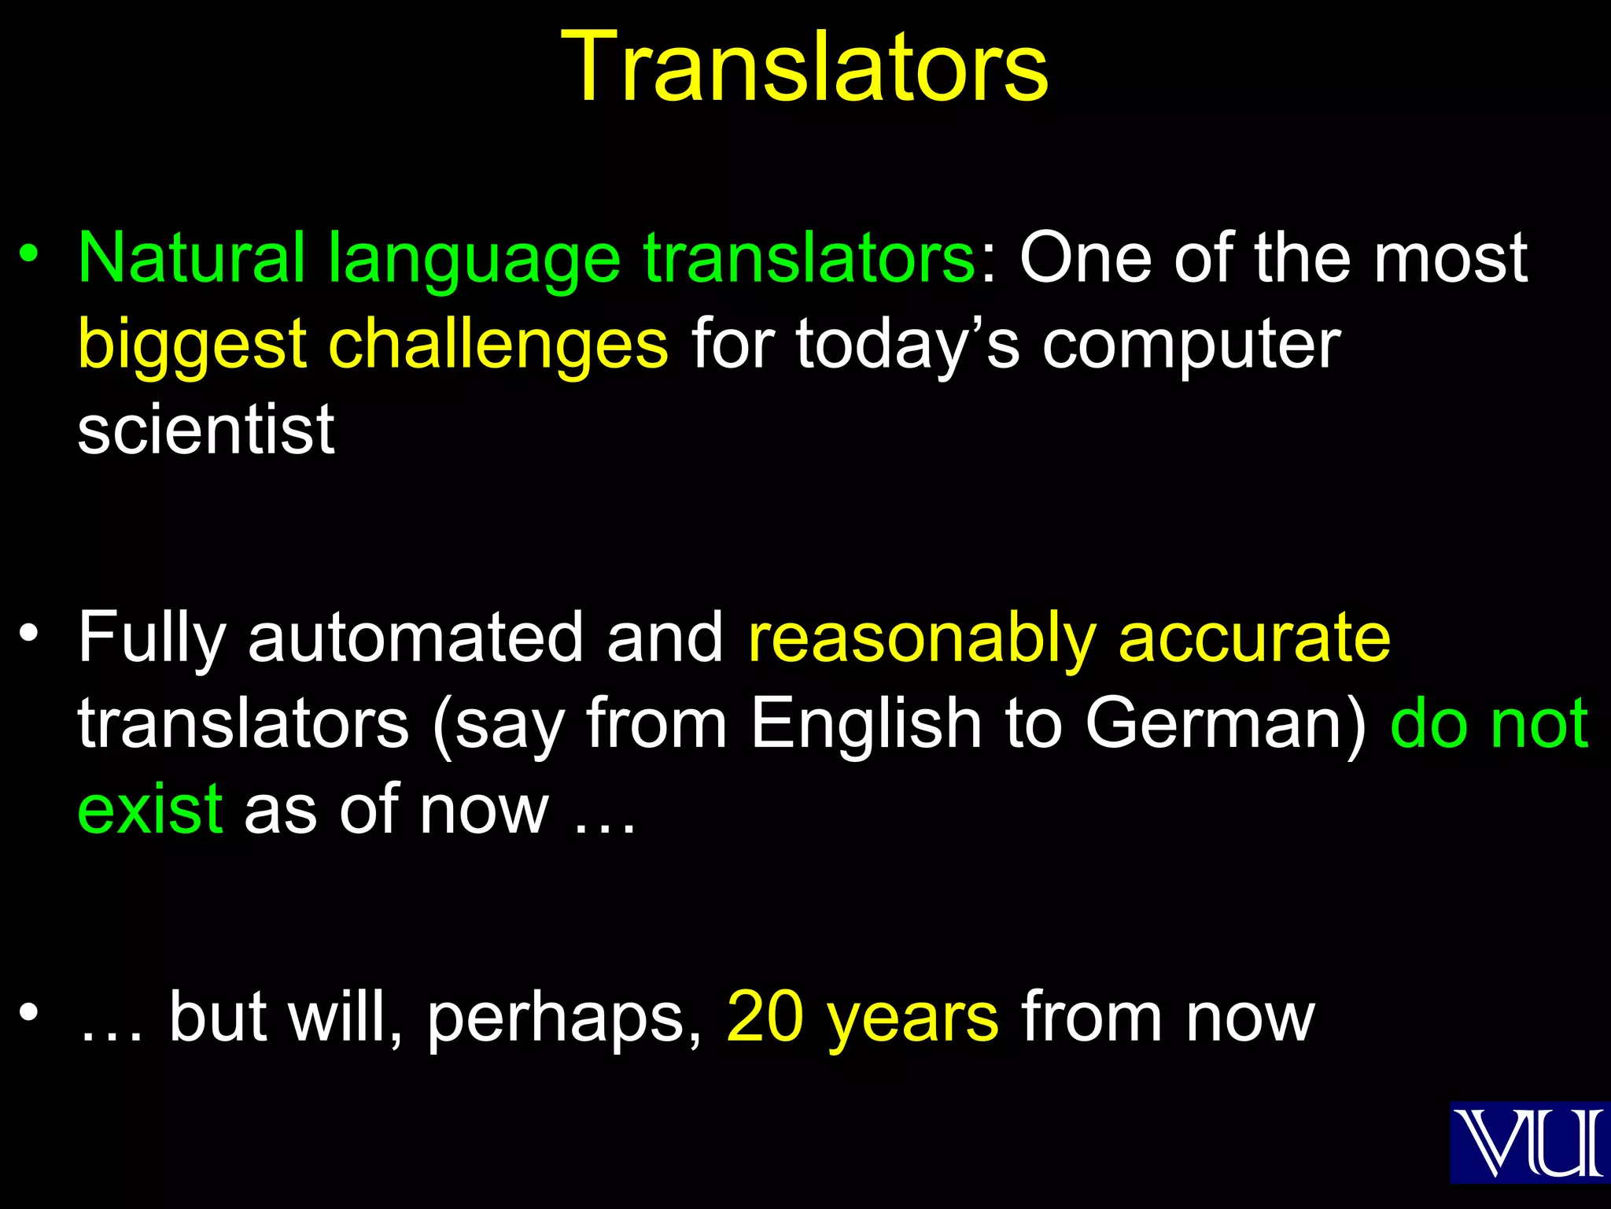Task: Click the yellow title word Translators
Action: [805, 67]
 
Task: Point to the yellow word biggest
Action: [192, 346]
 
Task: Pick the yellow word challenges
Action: [499, 346]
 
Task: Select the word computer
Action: [1191, 346]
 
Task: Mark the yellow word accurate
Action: [1254, 638]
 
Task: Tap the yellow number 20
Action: [765, 1017]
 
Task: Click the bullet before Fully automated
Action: [30, 634]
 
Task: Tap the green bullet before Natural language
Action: [30, 254]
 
